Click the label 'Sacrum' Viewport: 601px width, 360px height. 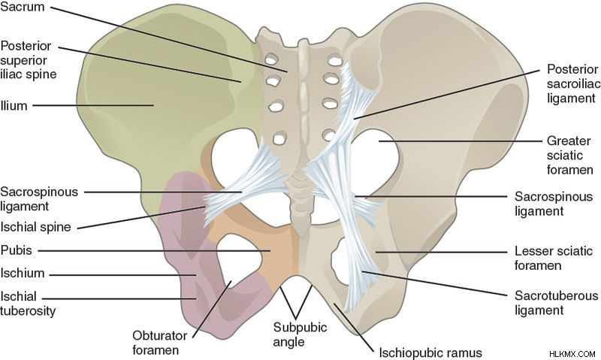(x=23, y=7)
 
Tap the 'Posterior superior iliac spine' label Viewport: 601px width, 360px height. (x=29, y=60)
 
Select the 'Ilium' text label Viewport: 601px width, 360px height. (x=14, y=105)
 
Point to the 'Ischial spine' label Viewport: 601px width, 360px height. (x=35, y=226)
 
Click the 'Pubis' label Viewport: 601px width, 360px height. (x=16, y=250)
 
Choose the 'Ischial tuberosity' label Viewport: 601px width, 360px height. (x=28, y=304)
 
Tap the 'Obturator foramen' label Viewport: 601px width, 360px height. (x=159, y=343)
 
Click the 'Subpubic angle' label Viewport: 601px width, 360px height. (x=300, y=334)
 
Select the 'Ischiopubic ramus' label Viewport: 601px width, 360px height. (x=430, y=352)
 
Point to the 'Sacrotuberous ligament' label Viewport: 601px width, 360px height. (x=556, y=302)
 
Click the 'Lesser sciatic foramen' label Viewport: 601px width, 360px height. (x=553, y=258)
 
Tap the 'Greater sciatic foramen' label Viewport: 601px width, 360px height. (x=569, y=155)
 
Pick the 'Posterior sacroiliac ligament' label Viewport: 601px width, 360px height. (x=572, y=83)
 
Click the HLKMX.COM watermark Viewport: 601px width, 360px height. (x=572, y=354)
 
